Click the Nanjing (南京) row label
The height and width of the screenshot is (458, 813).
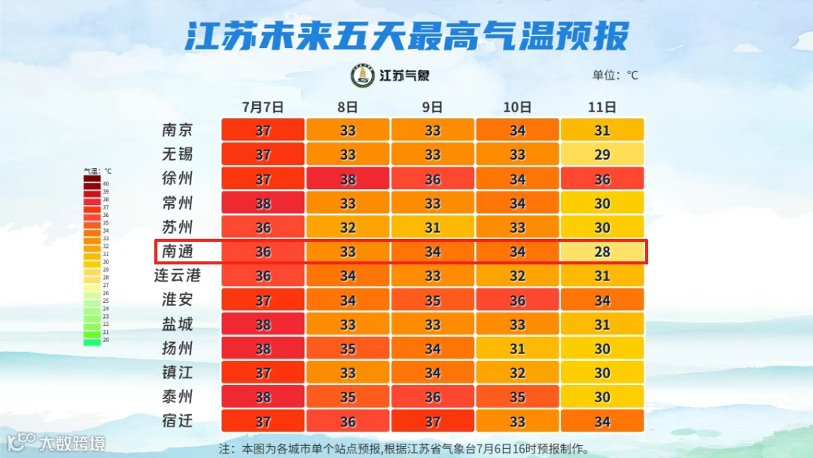(178, 130)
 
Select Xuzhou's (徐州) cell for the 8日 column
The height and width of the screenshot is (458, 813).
(348, 179)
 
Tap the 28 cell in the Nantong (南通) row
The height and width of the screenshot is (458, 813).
(602, 252)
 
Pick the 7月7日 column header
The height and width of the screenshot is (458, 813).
(263, 106)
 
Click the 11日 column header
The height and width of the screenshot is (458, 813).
(603, 106)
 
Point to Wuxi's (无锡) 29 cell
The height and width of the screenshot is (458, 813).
(602, 154)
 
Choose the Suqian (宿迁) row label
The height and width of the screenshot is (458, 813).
(178, 421)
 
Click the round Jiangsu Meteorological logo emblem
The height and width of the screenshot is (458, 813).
(363, 75)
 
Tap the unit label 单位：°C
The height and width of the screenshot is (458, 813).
(615, 75)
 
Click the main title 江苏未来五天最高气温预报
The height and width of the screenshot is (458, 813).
(406, 35)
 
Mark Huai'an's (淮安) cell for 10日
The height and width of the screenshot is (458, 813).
(517, 301)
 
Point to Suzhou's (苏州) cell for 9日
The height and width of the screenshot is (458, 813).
(432, 227)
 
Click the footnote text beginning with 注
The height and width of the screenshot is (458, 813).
(403, 448)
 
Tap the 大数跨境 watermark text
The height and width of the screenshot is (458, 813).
(73, 443)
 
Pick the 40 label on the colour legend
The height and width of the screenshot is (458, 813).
(106, 183)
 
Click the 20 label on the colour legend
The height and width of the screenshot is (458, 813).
(106, 340)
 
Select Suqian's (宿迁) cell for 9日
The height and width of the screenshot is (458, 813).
(432, 421)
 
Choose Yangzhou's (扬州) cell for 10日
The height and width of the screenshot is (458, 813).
(517, 349)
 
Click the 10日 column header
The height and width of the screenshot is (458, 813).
(517, 106)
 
